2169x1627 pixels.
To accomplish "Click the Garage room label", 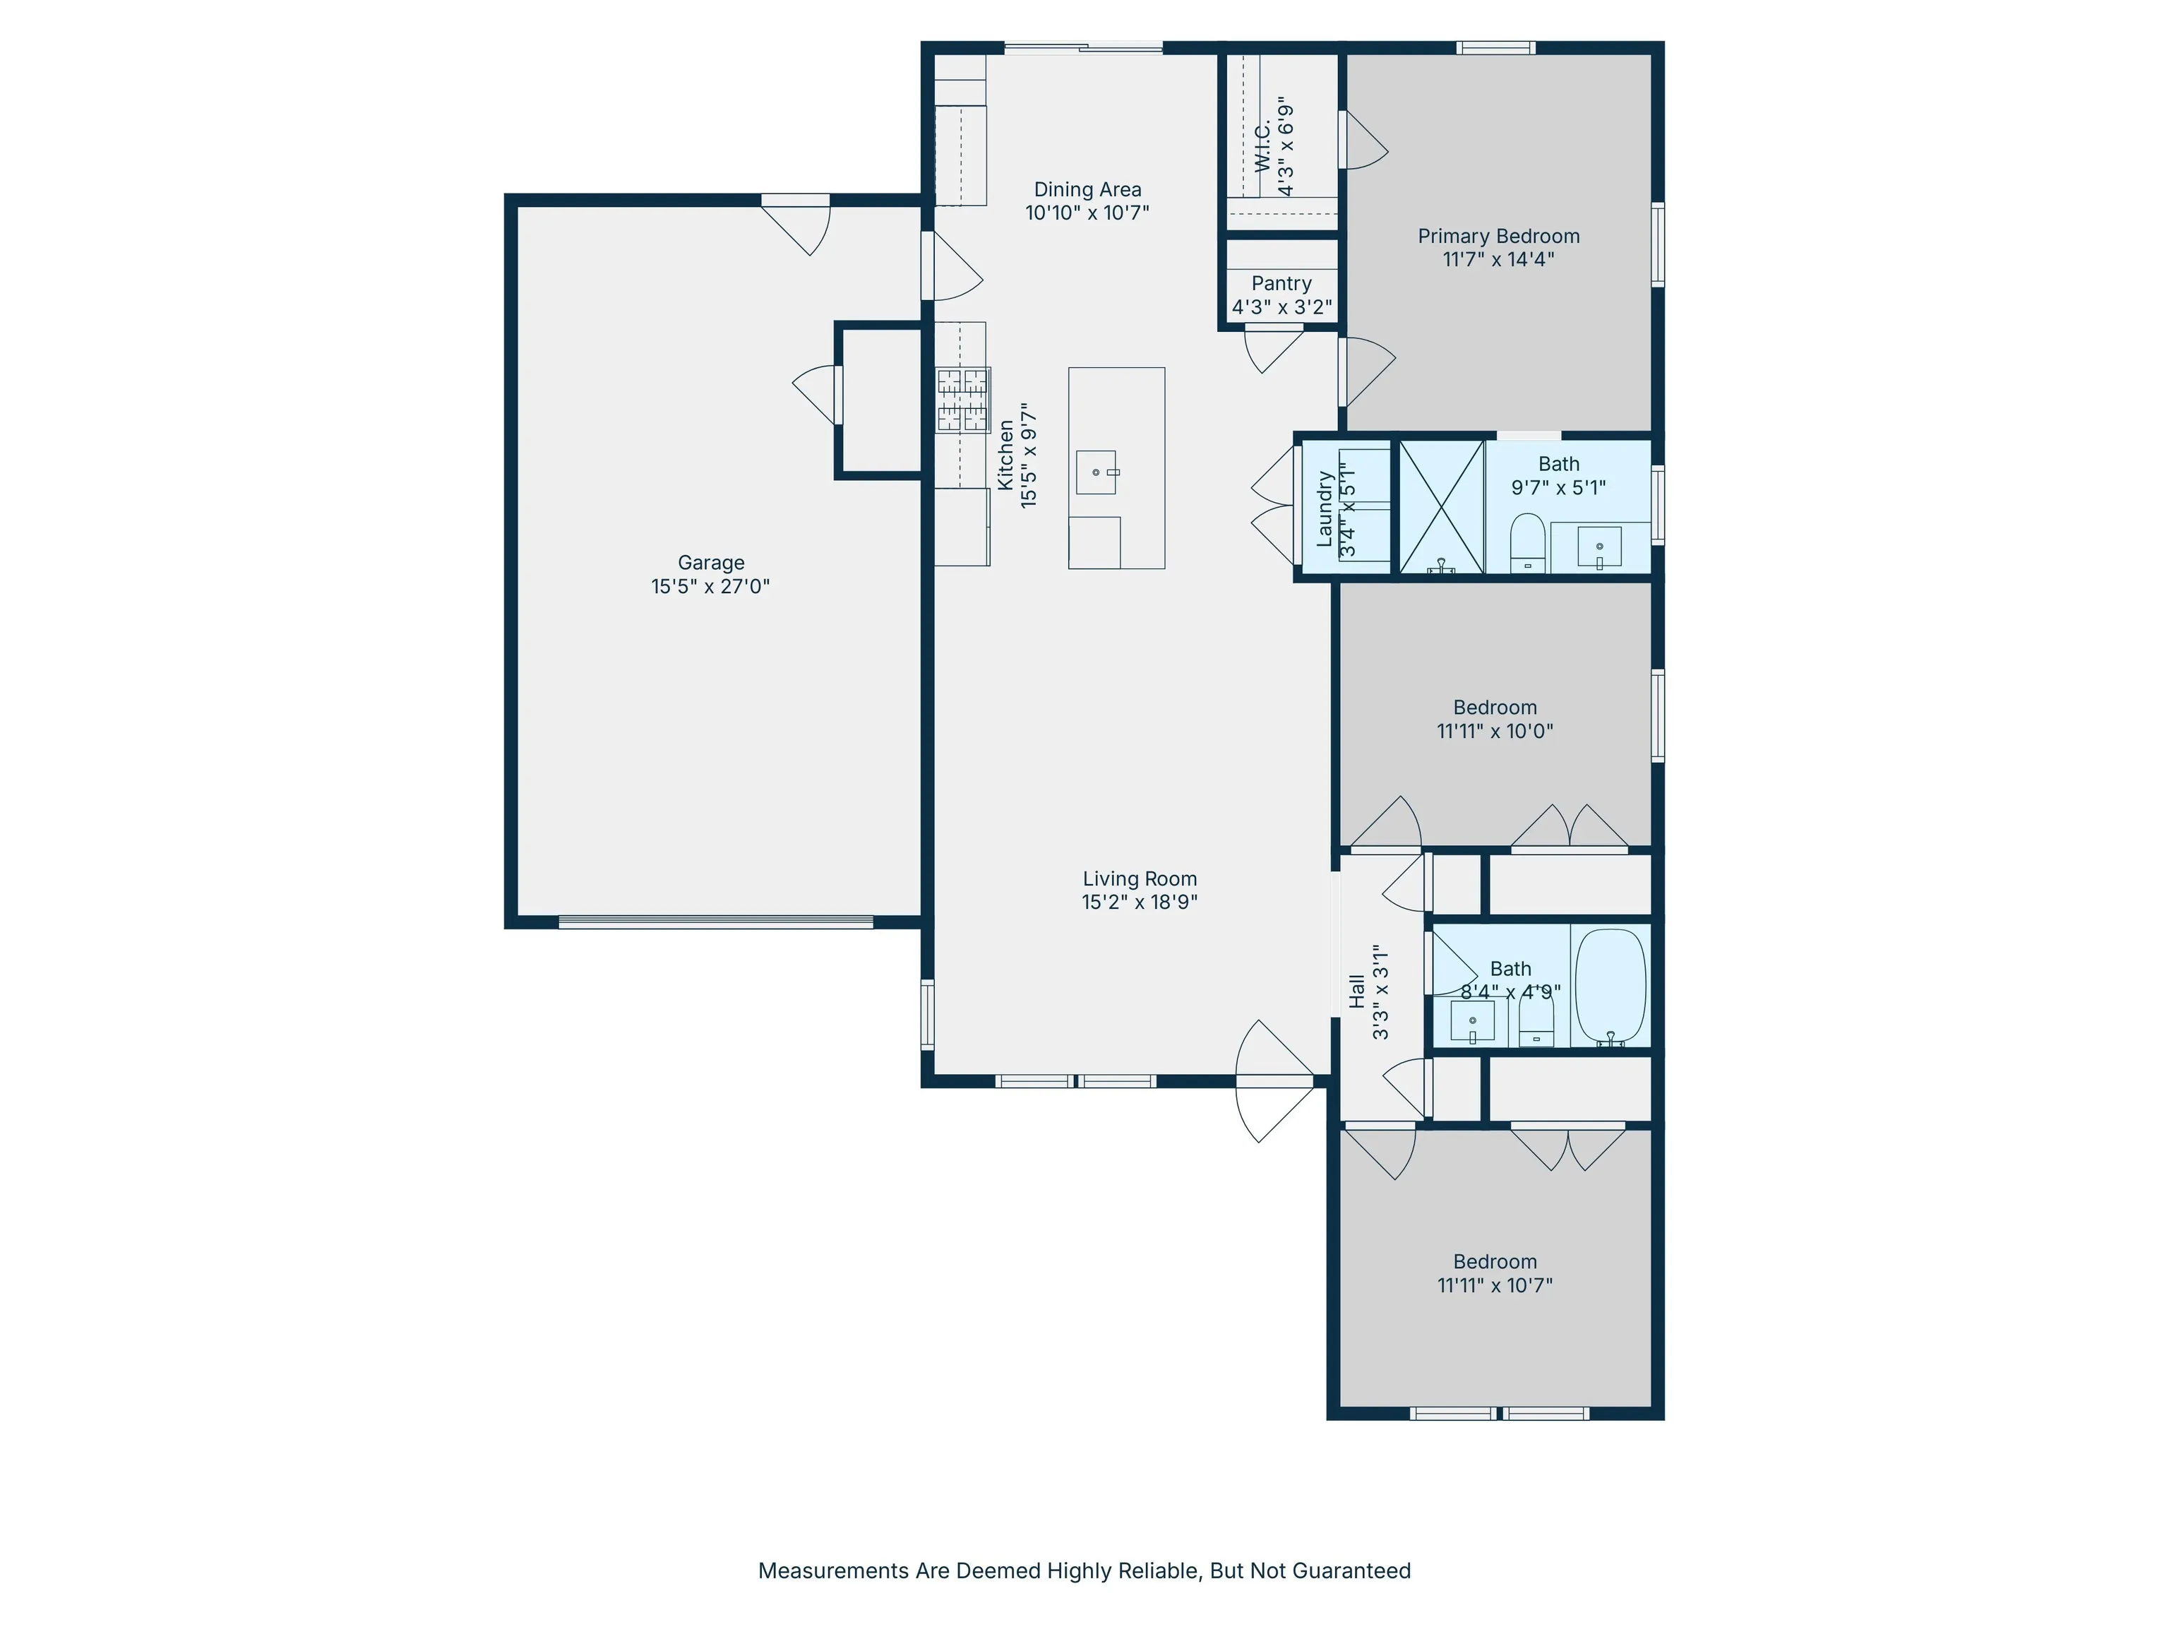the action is (x=711, y=562).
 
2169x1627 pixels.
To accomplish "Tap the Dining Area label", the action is (x=1087, y=189).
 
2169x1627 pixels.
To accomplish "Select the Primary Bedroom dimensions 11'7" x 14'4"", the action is (x=1498, y=259).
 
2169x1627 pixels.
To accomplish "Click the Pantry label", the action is (x=1281, y=283).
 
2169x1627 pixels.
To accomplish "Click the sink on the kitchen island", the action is (x=1097, y=472).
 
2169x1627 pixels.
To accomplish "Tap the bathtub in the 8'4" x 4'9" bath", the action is (x=1610, y=986).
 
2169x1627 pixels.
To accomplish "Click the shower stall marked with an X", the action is (x=1440, y=506).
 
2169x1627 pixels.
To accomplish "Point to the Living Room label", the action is (x=1140, y=878).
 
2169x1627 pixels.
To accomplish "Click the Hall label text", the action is (x=1357, y=991).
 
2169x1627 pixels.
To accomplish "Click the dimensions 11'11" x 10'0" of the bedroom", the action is (x=1495, y=731).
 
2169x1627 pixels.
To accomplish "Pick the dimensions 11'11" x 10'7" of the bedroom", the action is (x=1495, y=1285).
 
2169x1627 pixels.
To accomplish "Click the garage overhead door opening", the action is (x=716, y=922).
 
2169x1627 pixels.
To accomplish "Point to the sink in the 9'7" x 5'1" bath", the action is (x=1599, y=547).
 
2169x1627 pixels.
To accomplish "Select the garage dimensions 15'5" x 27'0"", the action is (x=711, y=586).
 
